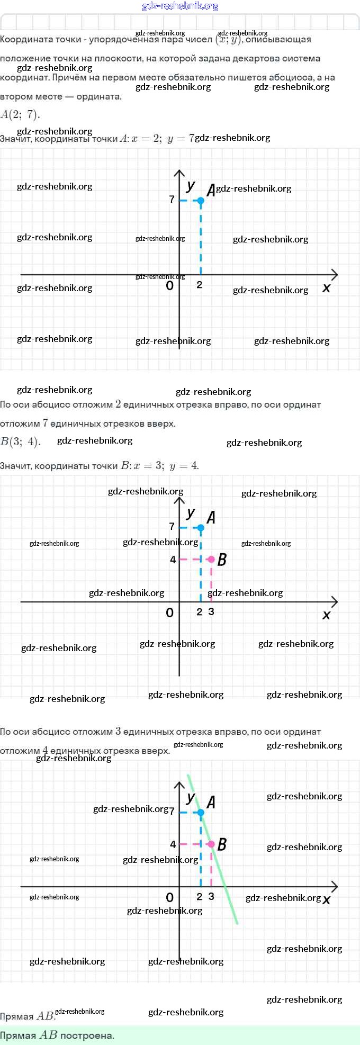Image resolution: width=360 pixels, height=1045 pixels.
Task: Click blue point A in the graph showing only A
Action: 201,201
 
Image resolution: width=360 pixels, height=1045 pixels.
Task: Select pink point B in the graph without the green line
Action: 211,559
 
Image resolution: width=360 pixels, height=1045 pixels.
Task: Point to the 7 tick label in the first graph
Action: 172,200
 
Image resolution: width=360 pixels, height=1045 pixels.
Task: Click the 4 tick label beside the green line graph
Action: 173,844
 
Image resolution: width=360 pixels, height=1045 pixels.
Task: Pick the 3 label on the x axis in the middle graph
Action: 211,611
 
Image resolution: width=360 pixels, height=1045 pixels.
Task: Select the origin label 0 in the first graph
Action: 169,286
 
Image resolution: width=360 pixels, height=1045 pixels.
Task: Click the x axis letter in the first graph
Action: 326,288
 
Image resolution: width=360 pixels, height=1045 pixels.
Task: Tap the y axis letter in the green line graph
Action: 191,798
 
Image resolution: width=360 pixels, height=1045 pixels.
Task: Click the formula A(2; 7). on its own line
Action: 20,114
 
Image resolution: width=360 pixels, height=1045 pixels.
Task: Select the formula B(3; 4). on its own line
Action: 20,442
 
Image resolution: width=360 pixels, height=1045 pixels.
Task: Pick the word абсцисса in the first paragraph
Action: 291,77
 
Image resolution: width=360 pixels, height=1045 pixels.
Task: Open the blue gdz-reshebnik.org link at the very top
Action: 180,6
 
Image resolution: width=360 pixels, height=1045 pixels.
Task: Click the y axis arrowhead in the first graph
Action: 179,173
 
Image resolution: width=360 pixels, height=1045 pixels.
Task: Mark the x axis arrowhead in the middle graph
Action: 334,602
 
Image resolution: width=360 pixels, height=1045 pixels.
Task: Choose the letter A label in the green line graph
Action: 211,803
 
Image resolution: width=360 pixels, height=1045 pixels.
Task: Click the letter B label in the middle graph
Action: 222,560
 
